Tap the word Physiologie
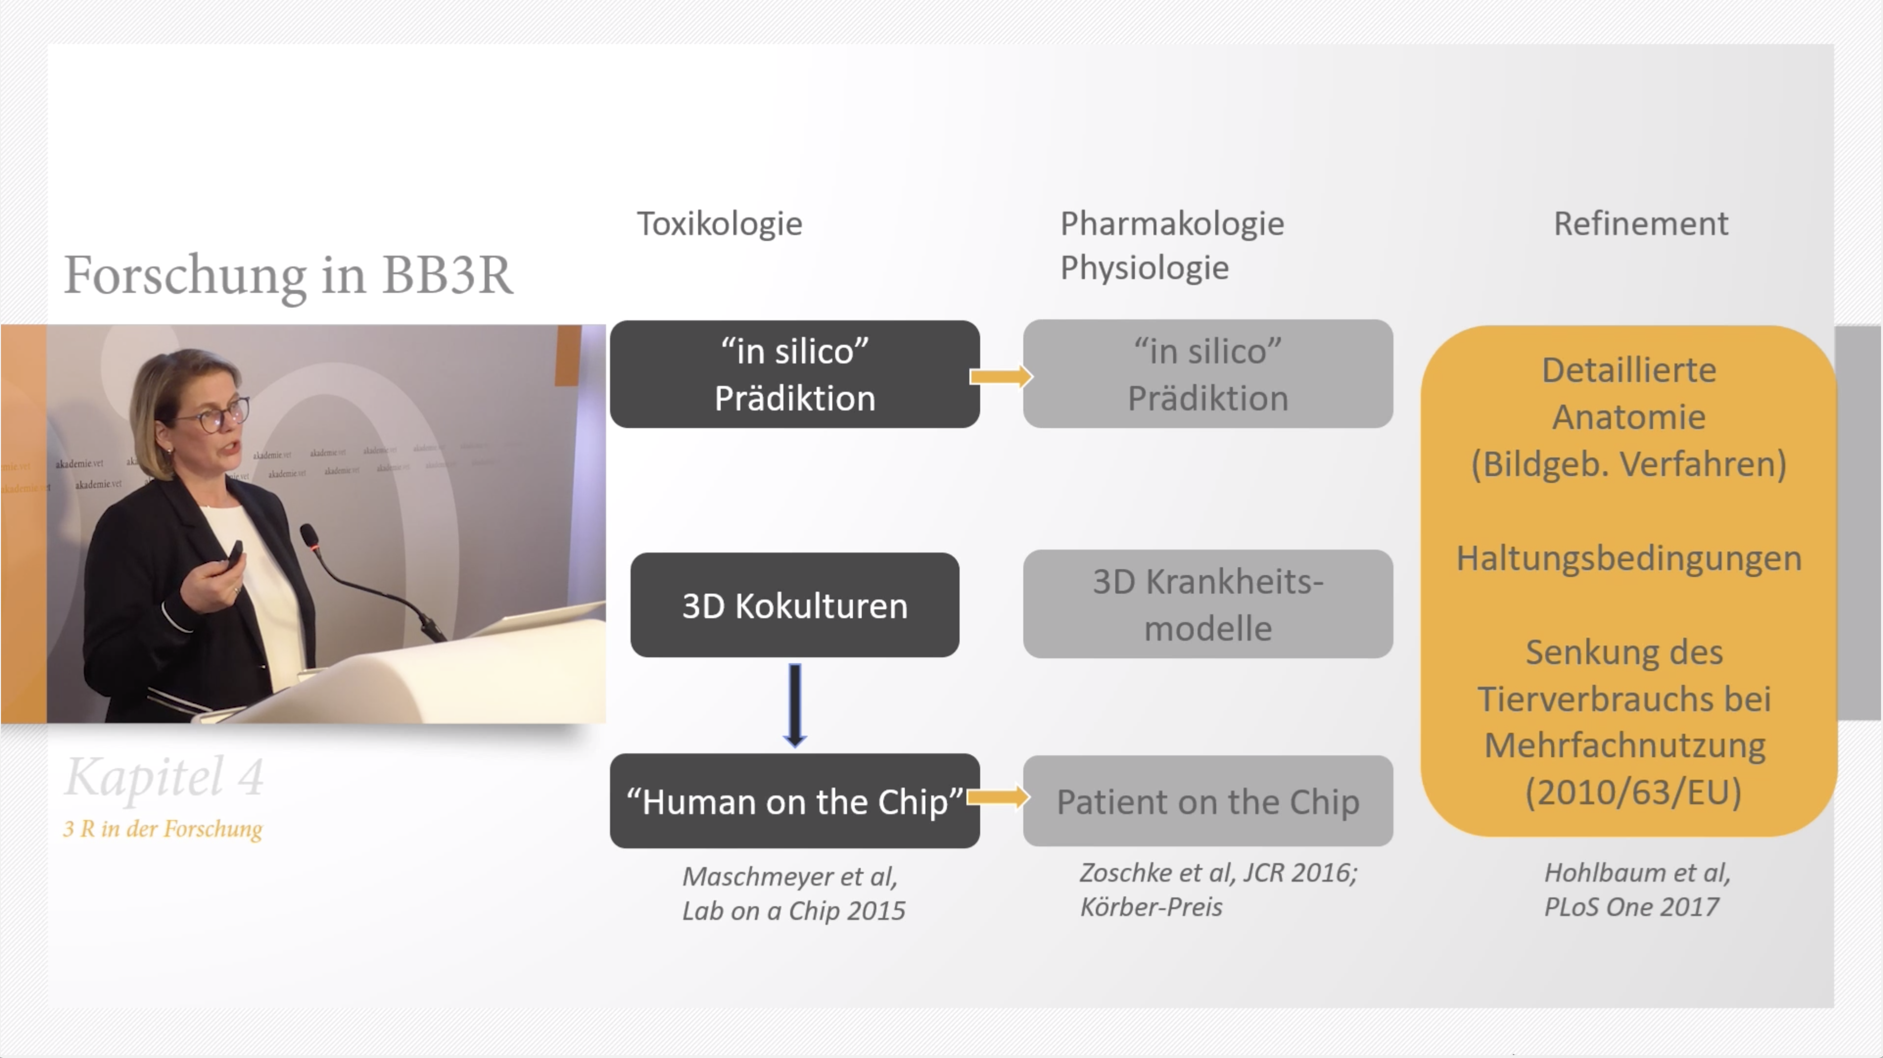(x=1144, y=267)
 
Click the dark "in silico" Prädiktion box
(x=795, y=374)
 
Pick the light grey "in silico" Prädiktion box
(x=1207, y=374)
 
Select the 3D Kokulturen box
(x=795, y=605)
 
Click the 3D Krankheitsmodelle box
(x=1207, y=604)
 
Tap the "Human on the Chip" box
(x=795, y=801)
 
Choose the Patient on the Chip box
(x=1207, y=801)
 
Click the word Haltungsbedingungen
(x=1628, y=558)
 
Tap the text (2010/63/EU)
(x=1633, y=793)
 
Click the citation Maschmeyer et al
(x=789, y=876)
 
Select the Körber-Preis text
(x=1151, y=907)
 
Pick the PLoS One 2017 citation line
(x=1631, y=907)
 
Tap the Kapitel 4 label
(x=165, y=776)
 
